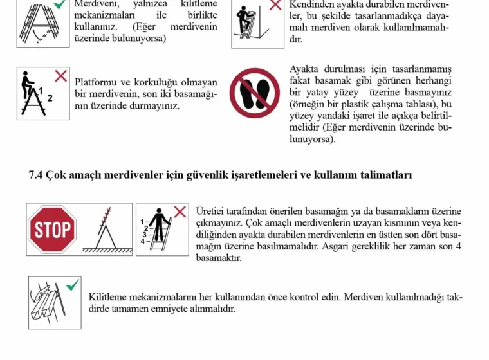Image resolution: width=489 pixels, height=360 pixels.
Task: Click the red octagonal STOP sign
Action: [53, 230]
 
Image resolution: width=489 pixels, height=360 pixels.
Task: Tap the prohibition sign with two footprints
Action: [255, 93]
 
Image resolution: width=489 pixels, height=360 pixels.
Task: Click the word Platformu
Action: [95, 82]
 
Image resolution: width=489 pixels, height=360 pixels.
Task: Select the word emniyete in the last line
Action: [179, 309]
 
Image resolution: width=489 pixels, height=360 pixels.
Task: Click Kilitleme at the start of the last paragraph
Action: [111, 297]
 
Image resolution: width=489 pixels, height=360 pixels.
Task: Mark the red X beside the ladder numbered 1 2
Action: [61, 76]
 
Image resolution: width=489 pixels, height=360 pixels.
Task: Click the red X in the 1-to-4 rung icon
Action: [181, 212]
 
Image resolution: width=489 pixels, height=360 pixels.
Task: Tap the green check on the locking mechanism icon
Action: [73, 284]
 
